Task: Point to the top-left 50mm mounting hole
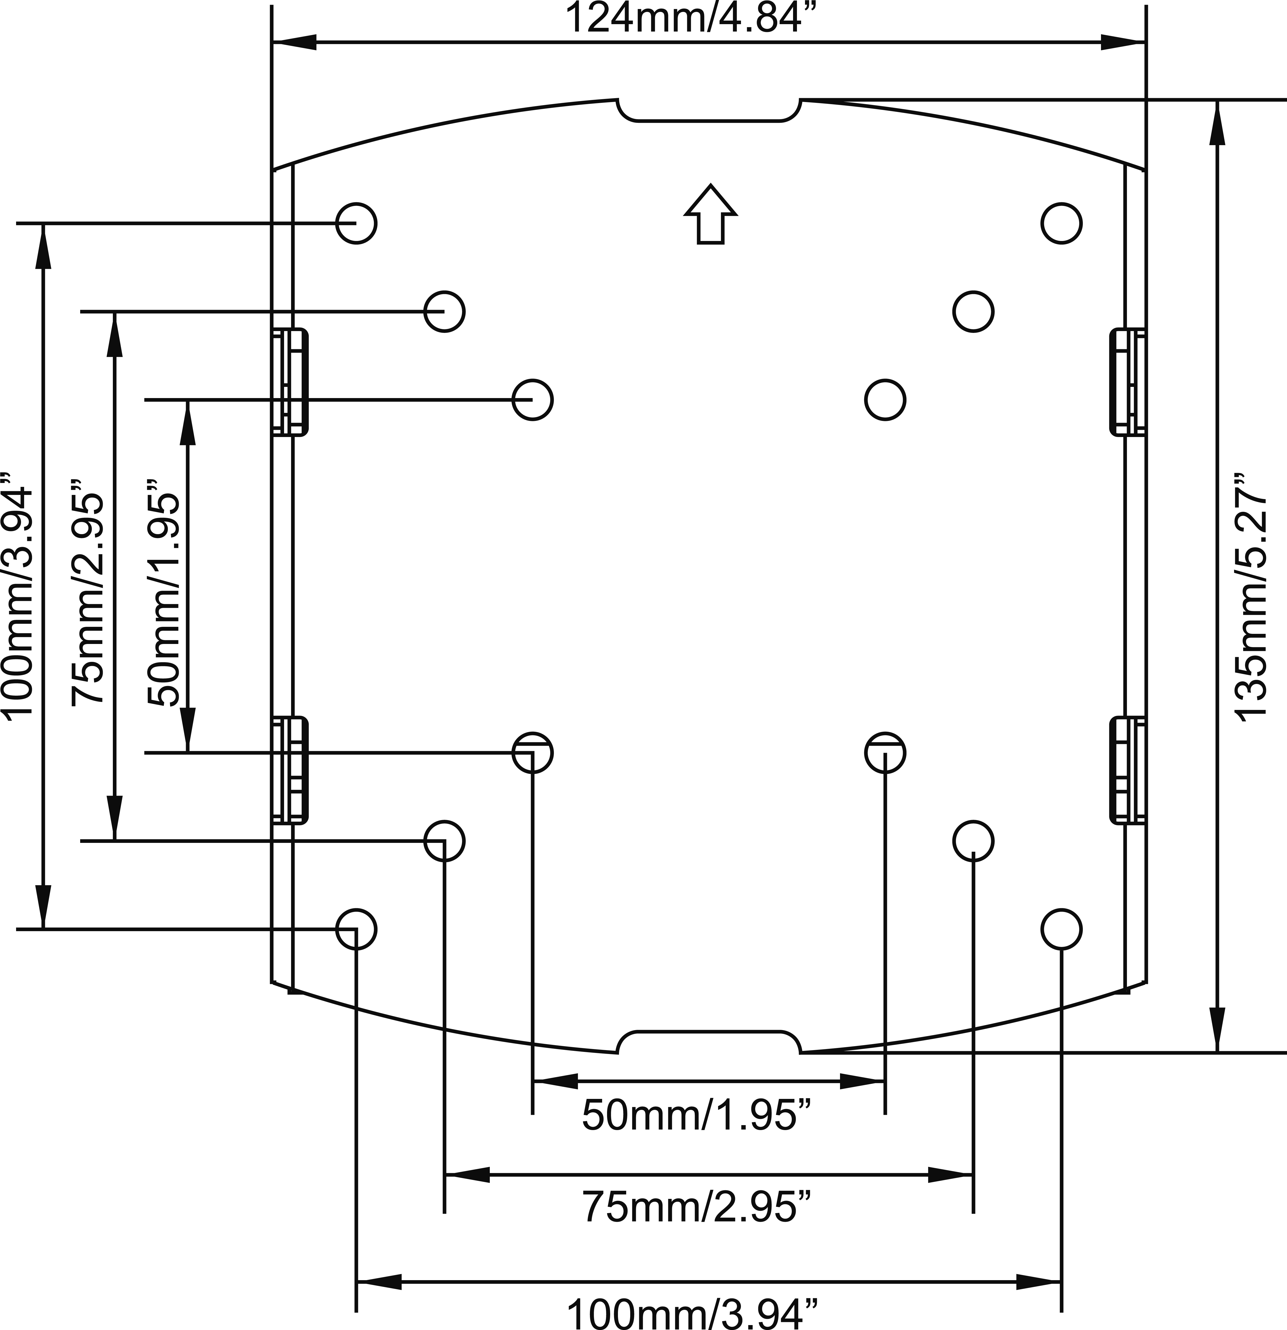click(x=533, y=400)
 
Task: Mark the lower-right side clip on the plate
click(x=1128, y=771)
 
